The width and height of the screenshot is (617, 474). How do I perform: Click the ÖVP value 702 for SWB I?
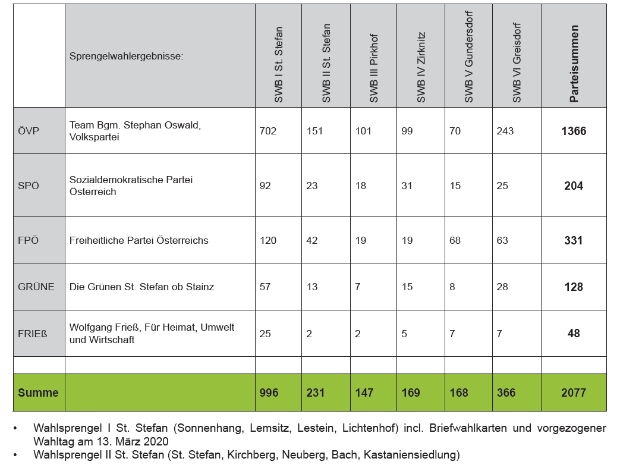[268, 131]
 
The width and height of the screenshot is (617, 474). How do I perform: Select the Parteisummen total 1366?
[574, 131]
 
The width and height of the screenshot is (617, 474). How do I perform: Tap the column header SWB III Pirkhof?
[374, 68]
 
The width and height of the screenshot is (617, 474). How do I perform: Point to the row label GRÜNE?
[36, 287]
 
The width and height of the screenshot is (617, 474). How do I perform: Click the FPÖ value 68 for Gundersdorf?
[455, 240]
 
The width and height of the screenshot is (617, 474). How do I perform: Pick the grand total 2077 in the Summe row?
[574, 393]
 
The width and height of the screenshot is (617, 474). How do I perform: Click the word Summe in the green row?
[38, 393]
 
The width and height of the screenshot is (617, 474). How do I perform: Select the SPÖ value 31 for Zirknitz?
[407, 186]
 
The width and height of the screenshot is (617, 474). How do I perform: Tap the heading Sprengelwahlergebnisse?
[126, 56]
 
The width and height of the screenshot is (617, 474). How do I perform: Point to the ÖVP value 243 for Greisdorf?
[505, 131]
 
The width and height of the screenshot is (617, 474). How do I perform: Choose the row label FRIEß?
[33, 334]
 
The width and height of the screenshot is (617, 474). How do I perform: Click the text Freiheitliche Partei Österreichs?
[139, 240]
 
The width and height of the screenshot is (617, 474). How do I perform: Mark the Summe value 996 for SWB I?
[269, 393]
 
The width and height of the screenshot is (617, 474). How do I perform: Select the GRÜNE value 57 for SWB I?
[265, 287]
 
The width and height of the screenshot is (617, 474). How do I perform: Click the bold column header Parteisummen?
[574, 64]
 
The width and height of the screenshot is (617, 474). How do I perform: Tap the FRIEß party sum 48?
[574, 334]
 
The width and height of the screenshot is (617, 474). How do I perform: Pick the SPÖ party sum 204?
[574, 186]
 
